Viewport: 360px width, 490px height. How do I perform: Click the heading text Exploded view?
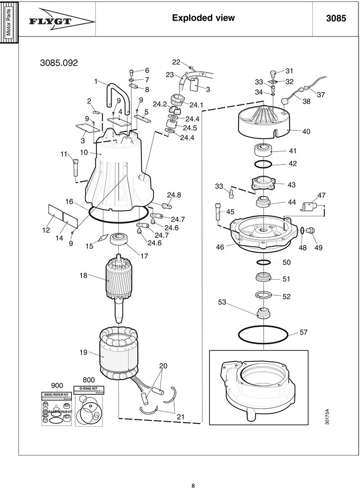203,18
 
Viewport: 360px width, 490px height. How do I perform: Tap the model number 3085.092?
59,63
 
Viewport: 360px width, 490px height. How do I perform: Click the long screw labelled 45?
218,214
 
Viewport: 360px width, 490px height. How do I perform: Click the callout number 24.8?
174,195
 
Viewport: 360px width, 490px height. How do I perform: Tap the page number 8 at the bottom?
193,485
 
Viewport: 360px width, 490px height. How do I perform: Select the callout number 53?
222,303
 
